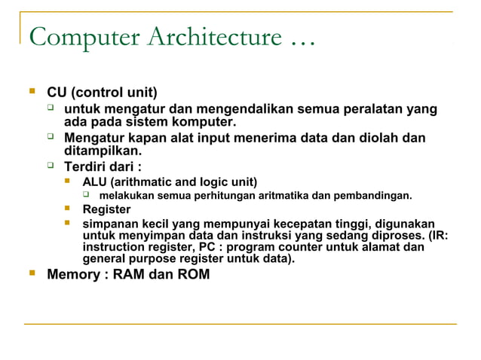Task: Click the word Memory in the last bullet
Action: pyautogui.click(x=72, y=274)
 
